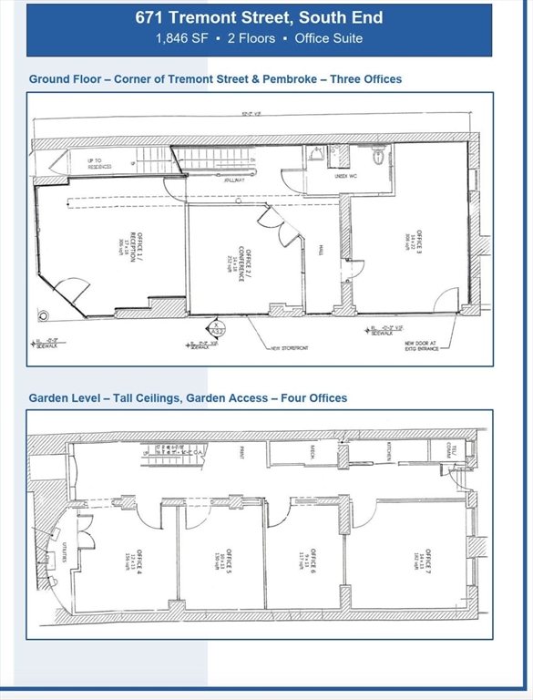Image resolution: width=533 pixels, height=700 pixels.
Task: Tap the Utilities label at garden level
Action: [x=48, y=550]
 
